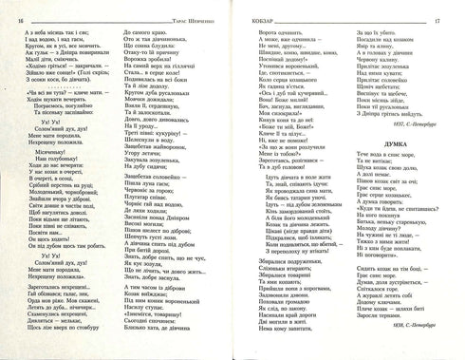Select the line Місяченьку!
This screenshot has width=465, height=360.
[x=55, y=152]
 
